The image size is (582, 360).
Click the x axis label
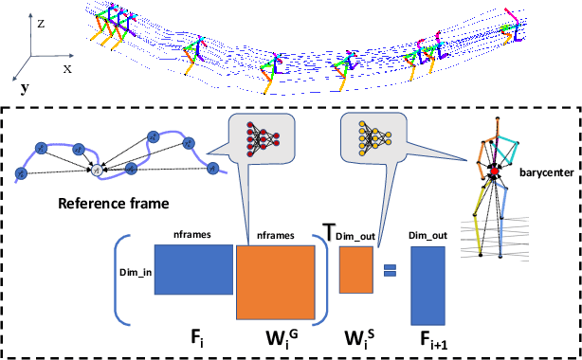tap(68, 69)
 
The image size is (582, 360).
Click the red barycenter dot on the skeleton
tap(493, 171)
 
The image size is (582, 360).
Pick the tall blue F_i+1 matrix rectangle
tap(429, 285)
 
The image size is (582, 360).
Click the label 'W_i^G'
tap(280, 339)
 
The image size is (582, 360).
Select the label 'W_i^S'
tap(358, 339)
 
